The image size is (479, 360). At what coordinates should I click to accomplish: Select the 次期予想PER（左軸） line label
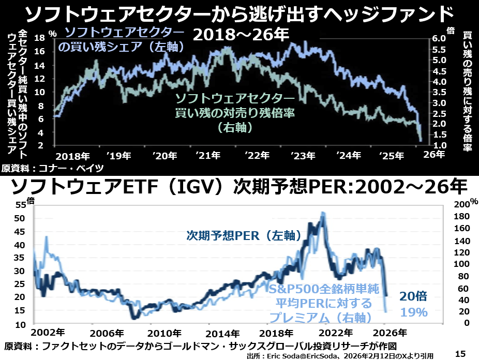click(x=244, y=236)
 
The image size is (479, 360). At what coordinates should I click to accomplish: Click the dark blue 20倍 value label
click(x=413, y=296)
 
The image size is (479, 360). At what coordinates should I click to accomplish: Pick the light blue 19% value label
click(x=413, y=312)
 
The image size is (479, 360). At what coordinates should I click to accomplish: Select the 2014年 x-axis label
click(x=222, y=332)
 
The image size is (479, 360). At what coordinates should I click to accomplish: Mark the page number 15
click(x=460, y=353)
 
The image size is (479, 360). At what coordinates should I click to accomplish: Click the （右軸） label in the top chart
click(x=235, y=126)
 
